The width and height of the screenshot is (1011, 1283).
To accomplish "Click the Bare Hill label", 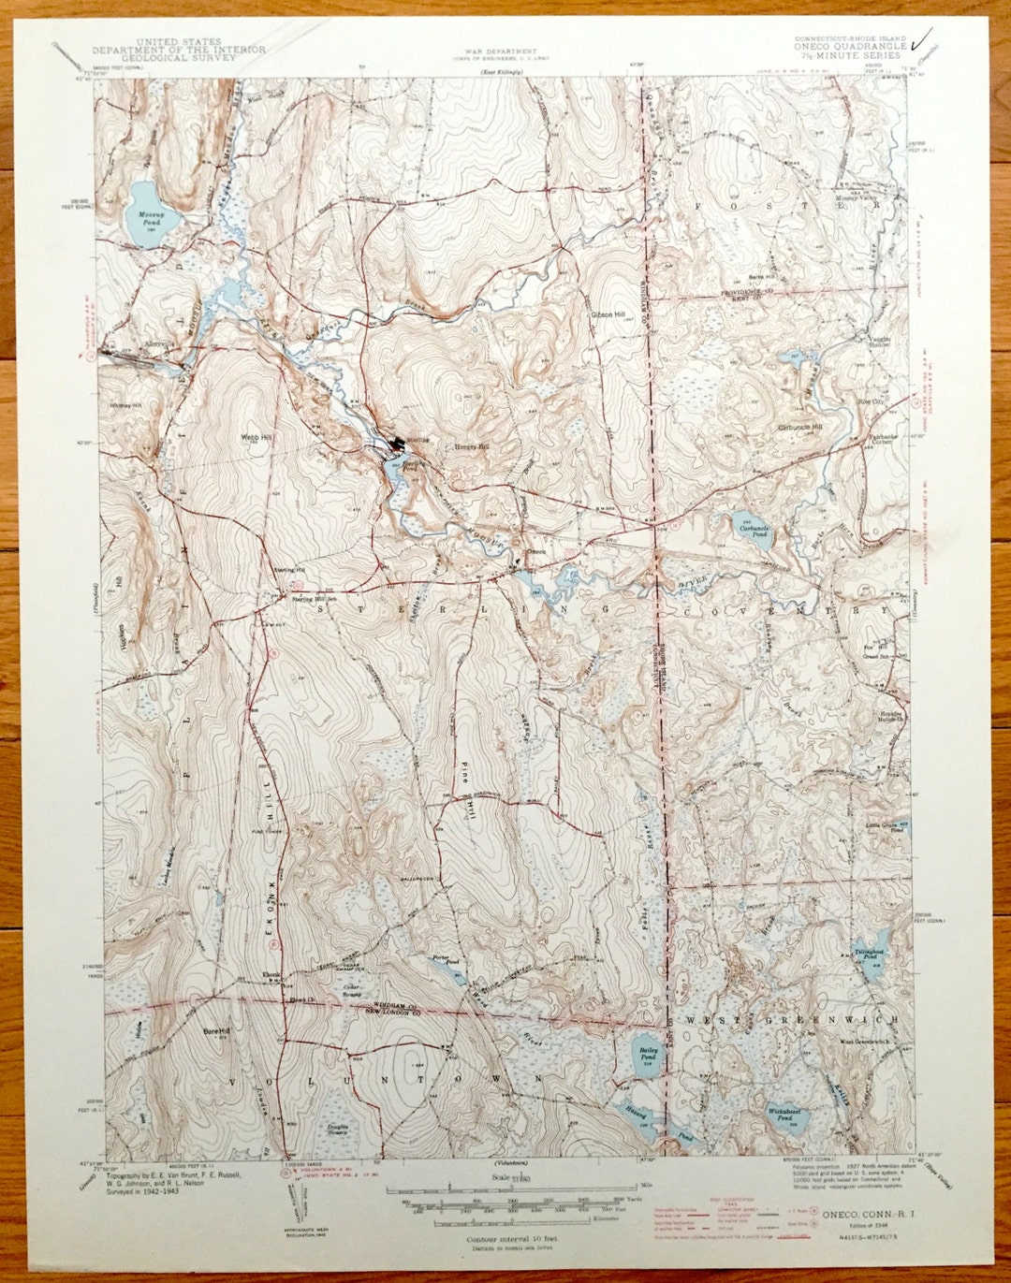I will pyautogui.click(x=216, y=1031).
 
